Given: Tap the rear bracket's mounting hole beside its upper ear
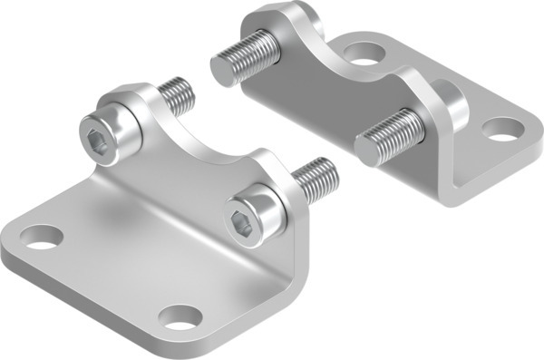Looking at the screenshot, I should pyautogui.click(x=364, y=62).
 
